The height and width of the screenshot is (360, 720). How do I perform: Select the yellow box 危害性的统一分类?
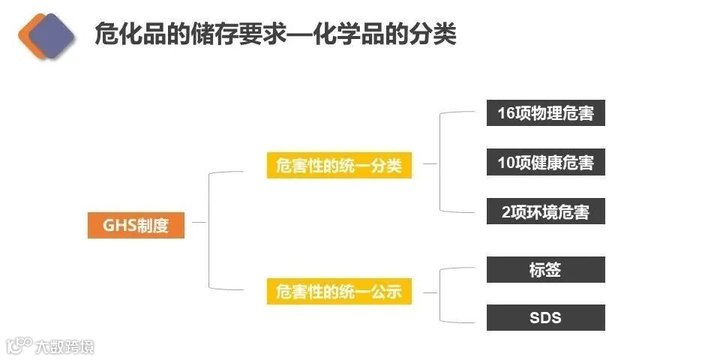(x=339, y=166)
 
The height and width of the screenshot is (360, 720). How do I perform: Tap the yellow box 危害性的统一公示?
(x=339, y=291)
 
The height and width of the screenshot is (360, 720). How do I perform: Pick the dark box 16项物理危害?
(x=545, y=113)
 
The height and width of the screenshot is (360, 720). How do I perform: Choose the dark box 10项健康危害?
(x=545, y=162)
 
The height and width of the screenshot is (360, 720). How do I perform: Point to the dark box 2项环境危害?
(x=545, y=211)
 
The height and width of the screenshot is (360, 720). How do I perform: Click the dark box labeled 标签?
(x=545, y=270)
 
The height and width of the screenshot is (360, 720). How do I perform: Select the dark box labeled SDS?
(x=545, y=317)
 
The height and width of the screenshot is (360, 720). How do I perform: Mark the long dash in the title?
(x=311, y=34)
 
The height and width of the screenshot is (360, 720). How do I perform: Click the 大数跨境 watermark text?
(x=64, y=346)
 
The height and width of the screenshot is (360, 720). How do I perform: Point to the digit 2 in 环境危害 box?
(x=505, y=211)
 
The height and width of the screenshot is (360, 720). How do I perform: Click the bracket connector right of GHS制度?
(x=208, y=229)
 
